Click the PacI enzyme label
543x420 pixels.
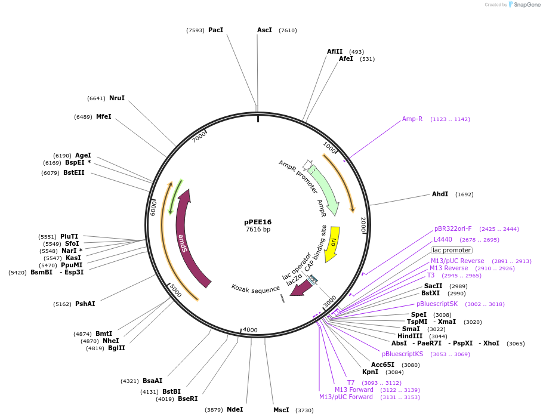[x=215, y=30]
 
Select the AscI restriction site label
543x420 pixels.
[x=264, y=30]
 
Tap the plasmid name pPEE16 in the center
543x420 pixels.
[x=258, y=222]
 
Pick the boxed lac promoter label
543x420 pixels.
[x=452, y=250]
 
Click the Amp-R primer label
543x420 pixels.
[x=412, y=119]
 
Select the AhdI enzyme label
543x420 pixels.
[x=440, y=194]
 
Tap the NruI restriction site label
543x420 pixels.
[x=117, y=98]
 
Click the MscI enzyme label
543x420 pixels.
[x=281, y=410]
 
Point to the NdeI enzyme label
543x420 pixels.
[x=235, y=409]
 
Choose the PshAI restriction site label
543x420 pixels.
[x=85, y=304]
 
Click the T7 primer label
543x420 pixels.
[x=351, y=382]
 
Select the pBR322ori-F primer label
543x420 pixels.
[x=453, y=228]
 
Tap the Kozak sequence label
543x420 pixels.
[x=255, y=288]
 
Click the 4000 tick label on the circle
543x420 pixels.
[x=250, y=330]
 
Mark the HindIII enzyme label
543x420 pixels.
[x=410, y=336]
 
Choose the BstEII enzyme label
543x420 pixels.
[x=74, y=172]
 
